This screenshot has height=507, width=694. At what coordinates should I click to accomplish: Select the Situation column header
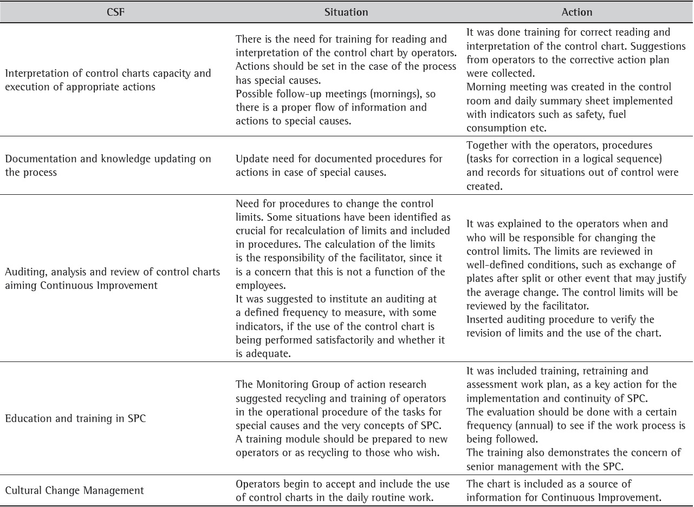(x=346, y=12)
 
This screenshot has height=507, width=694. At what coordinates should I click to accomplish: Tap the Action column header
(x=577, y=12)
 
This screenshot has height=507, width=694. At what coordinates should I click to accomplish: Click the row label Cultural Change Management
(x=75, y=491)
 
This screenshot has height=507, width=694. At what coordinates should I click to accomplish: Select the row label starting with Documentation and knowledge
(x=108, y=165)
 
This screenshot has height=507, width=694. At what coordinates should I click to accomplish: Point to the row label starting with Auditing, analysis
(x=112, y=278)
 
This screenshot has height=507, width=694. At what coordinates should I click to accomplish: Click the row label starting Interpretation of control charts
(x=108, y=80)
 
